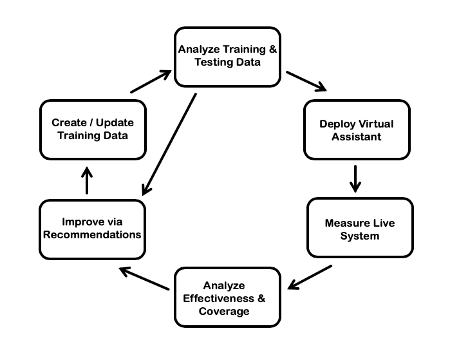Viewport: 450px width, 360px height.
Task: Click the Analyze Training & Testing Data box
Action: (227, 57)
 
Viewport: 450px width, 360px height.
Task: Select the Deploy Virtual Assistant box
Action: (356, 129)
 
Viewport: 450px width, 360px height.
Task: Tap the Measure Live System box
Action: (360, 229)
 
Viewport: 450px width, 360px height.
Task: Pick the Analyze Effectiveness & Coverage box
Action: (227, 297)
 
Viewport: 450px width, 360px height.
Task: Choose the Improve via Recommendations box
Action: (92, 229)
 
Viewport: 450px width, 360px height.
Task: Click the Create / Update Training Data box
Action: (93, 129)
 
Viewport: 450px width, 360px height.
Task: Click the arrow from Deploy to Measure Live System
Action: (355, 178)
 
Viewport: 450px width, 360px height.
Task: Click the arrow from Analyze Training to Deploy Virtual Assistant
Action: (306, 82)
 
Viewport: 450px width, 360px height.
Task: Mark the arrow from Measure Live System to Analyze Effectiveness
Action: (310, 278)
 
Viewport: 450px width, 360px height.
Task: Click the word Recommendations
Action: (92, 235)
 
